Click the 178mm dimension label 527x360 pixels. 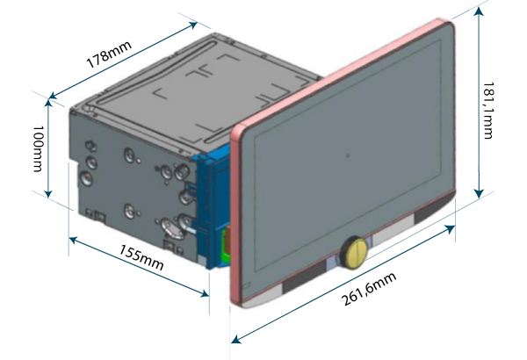click(109, 54)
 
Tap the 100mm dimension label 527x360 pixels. click(38, 148)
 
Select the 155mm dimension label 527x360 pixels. click(141, 257)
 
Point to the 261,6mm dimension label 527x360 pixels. click(369, 289)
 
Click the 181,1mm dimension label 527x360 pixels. click(488, 111)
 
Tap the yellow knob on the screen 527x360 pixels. click(354, 252)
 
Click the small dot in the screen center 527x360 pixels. click(348, 155)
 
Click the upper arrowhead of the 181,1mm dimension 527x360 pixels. click(479, 11)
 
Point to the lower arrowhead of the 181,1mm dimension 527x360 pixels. click(479, 193)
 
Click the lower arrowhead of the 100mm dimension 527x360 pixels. click(48, 194)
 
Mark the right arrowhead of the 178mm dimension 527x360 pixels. click(193, 25)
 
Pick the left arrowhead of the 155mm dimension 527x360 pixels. click(74, 240)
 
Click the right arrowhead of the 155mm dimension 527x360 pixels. click(205, 294)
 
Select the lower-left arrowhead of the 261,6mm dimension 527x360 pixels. click(236, 340)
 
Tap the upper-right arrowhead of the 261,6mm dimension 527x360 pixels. click(450, 229)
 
